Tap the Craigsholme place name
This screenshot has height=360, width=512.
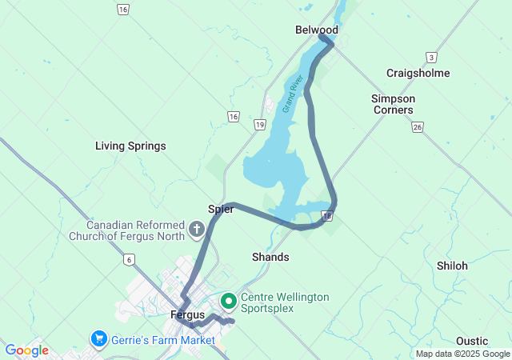pyautogui.click(x=418, y=73)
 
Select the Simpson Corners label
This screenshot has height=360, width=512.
pyautogui.click(x=392, y=104)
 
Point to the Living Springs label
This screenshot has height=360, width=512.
pyautogui.click(x=130, y=146)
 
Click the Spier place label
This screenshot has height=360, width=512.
pyautogui.click(x=221, y=209)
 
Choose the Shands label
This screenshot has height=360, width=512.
pyautogui.click(x=270, y=257)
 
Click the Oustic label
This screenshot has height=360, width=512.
pyautogui.click(x=472, y=341)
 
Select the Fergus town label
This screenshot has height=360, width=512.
pyautogui.click(x=189, y=315)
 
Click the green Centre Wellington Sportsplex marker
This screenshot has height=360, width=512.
pyautogui.click(x=229, y=302)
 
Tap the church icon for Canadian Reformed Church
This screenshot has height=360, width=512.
pyautogui.click(x=197, y=231)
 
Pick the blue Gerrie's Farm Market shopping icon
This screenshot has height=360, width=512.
pyautogui.click(x=99, y=339)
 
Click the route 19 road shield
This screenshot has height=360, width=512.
pyautogui.click(x=260, y=125)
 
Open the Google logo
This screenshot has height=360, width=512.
pyautogui.click(x=26, y=350)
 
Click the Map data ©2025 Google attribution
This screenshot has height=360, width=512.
pyautogui.click(x=462, y=354)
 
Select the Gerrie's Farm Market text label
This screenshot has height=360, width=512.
pyautogui.click(x=163, y=340)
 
